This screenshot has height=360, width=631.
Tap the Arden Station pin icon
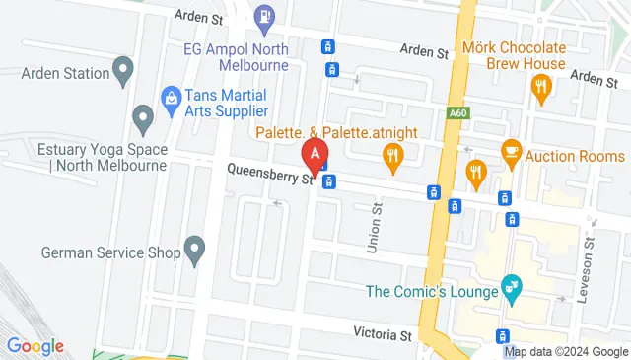[123, 69]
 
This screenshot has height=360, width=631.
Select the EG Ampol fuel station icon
[264, 16]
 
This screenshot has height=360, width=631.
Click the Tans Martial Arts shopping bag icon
[170, 97]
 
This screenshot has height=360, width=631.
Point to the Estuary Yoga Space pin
[144, 120]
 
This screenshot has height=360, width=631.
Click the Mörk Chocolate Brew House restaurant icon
[540, 87]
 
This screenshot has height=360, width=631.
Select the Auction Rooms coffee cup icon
[511, 150]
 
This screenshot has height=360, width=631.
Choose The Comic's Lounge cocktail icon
[511, 288]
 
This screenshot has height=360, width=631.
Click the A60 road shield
[456, 87]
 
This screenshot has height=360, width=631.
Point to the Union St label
[375, 230]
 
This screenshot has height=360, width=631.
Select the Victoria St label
[383, 335]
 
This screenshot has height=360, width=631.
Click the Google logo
[35, 346]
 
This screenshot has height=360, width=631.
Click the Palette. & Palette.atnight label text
[338, 133]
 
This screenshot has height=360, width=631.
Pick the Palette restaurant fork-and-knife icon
[393, 155]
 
